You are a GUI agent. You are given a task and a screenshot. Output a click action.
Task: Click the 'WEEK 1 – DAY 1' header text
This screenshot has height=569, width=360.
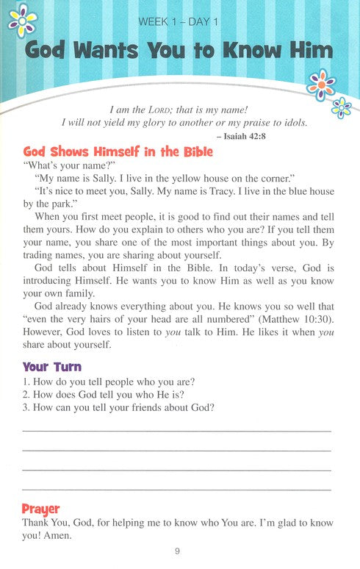[179, 22]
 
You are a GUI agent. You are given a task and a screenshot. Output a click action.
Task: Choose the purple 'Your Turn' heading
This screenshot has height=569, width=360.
[52, 366]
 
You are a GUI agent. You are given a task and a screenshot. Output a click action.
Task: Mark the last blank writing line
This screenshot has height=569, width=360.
[176, 488]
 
